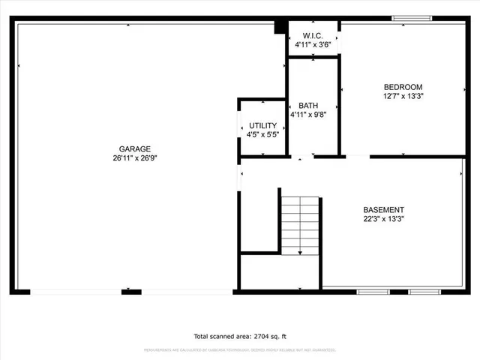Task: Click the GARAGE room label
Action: tap(135, 148)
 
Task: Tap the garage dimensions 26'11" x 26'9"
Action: tap(135, 158)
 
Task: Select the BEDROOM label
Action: tap(403, 86)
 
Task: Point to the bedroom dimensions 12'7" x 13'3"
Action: tap(403, 96)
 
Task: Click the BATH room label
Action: tap(308, 106)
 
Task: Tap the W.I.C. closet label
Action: tap(313, 35)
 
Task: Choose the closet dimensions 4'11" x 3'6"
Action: tap(313, 45)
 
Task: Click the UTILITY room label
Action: tap(262, 125)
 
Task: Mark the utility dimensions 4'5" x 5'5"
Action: tap(262, 135)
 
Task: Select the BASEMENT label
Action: tap(383, 210)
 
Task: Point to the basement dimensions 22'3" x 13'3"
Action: tap(383, 220)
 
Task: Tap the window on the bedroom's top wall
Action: tap(412, 18)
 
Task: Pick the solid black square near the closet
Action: tap(280, 27)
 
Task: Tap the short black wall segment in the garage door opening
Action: tap(131, 291)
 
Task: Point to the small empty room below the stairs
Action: tap(279, 272)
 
